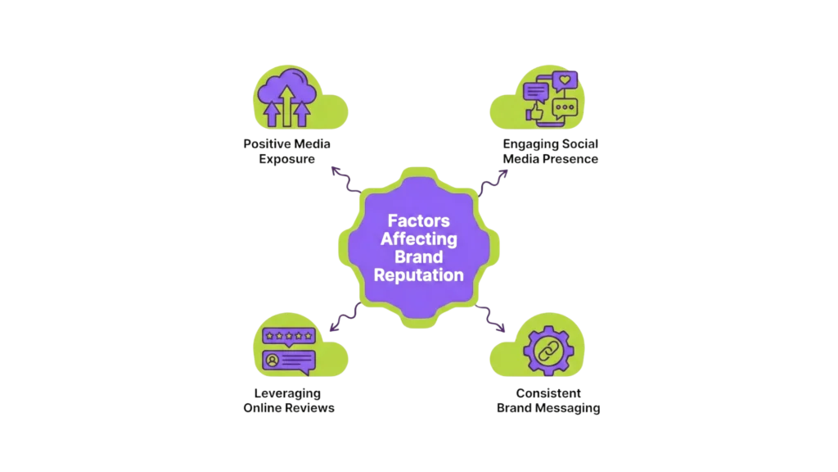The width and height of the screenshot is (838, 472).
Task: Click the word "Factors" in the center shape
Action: (419, 220)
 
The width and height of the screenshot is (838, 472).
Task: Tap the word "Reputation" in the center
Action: (419, 275)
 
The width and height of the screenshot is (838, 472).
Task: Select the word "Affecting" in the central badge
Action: (419, 239)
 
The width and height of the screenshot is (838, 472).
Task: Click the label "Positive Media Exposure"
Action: (288, 151)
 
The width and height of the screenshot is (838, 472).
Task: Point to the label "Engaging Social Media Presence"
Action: (550, 151)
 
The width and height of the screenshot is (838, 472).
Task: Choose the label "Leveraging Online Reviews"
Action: (288, 400)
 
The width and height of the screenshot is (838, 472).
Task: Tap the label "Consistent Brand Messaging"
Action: (549, 400)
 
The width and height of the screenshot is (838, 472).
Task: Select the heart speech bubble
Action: (565, 80)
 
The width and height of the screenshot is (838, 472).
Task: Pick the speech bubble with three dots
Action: (565, 107)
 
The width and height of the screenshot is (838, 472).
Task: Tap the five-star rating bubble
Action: (288, 336)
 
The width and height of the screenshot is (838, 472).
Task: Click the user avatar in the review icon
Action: (271, 360)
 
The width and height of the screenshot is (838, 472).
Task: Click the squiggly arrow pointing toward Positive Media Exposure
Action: (345, 181)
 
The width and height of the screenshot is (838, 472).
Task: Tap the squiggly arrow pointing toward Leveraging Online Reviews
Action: (344, 317)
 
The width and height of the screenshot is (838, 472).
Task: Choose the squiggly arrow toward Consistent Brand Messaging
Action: (493, 317)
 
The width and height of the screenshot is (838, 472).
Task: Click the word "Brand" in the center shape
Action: (419, 257)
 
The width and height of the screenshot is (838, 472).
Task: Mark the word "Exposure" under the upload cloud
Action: (288, 158)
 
